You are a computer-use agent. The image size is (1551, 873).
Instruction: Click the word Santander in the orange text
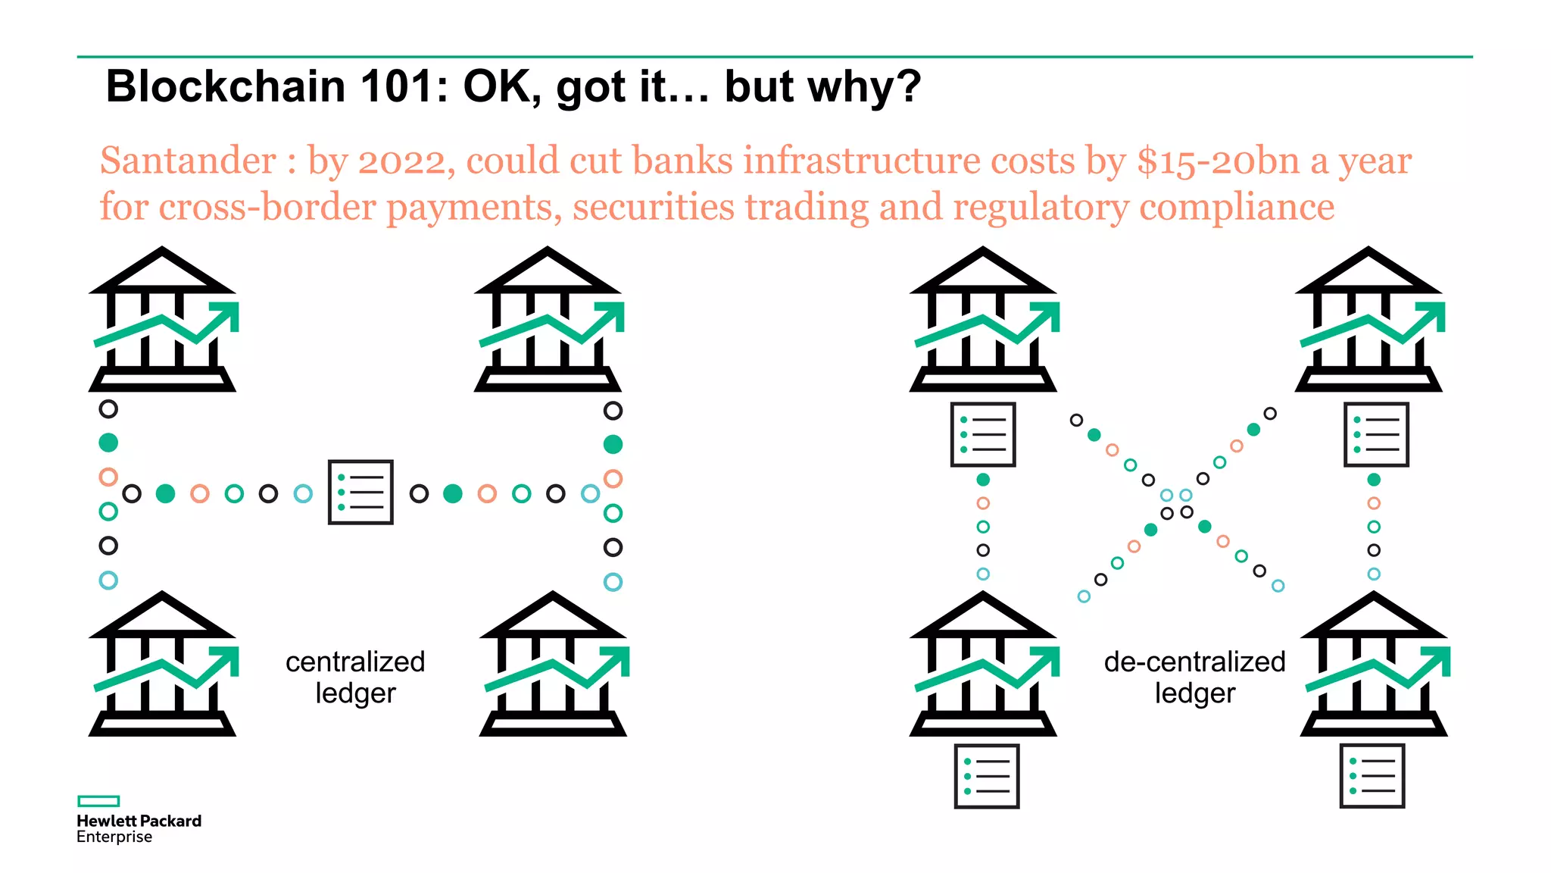click(188, 161)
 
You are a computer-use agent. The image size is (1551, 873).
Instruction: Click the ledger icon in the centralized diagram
click(360, 492)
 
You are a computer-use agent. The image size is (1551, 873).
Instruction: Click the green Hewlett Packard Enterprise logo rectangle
click(98, 801)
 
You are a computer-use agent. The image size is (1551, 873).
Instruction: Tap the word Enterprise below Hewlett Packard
click(114, 837)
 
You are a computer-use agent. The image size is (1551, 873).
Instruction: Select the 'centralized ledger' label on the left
click(355, 677)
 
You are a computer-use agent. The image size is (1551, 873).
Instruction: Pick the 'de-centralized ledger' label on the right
click(1194, 677)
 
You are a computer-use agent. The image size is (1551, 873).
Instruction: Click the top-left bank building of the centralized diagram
click(162, 319)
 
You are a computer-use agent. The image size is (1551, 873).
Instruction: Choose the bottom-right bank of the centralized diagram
click(554, 664)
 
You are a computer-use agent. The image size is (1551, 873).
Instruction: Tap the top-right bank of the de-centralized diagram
click(1368, 319)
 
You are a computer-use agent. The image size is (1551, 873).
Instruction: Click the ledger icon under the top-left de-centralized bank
click(983, 434)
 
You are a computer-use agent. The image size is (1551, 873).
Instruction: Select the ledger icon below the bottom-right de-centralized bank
click(1372, 776)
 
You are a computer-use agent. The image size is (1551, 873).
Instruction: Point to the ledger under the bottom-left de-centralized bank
click(986, 776)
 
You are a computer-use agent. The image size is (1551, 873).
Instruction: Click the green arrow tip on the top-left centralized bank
click(228, 312)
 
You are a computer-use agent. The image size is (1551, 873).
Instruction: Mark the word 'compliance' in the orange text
click(1237, 207)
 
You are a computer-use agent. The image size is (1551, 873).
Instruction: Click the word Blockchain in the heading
click(225, 86)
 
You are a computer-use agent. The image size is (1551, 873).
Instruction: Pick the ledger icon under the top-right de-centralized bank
click(1375, 434)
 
